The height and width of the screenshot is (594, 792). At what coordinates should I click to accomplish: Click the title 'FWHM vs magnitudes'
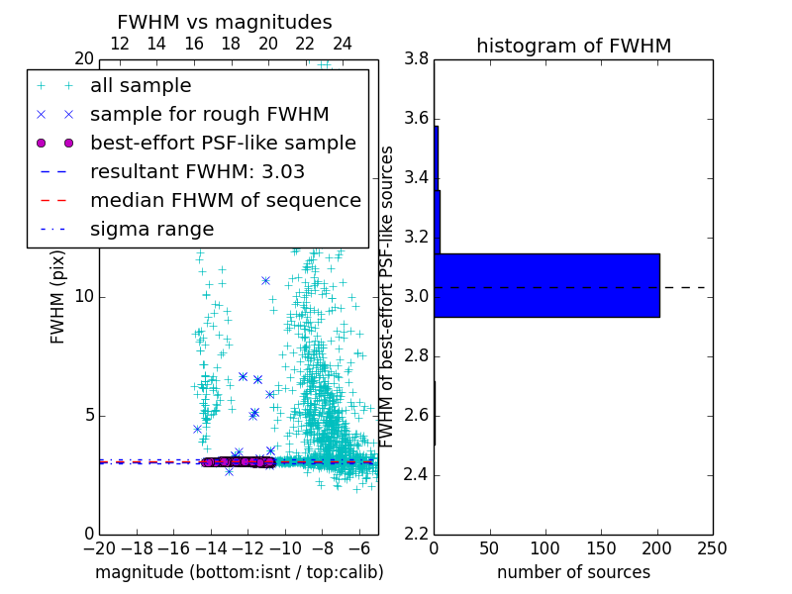[224, 22]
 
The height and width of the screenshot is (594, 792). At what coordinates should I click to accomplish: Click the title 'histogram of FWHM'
[573, 46]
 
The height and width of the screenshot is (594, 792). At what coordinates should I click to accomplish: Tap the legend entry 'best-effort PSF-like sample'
[223, 143]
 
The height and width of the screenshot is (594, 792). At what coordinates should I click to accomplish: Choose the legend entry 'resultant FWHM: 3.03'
[197, 171]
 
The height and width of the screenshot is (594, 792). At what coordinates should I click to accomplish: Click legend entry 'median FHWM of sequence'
[225, 200]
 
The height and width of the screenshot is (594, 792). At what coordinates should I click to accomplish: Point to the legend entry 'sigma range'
[151, 229]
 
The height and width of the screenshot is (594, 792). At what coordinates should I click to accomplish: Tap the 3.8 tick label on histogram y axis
[416, 59]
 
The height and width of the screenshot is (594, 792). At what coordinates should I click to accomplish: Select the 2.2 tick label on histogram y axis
[416, 534]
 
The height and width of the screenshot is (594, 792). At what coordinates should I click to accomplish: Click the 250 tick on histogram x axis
[712, 548]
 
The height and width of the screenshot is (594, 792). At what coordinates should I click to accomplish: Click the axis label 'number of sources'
[573, 572]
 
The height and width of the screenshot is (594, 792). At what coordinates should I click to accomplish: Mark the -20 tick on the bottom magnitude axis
[99, 548]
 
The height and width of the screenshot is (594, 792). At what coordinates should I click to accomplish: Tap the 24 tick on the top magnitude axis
[342, 44]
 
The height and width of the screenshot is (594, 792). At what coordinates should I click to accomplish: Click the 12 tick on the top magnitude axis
[119, 44]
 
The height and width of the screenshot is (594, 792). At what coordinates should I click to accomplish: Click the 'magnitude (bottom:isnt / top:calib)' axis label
[239, 572]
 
